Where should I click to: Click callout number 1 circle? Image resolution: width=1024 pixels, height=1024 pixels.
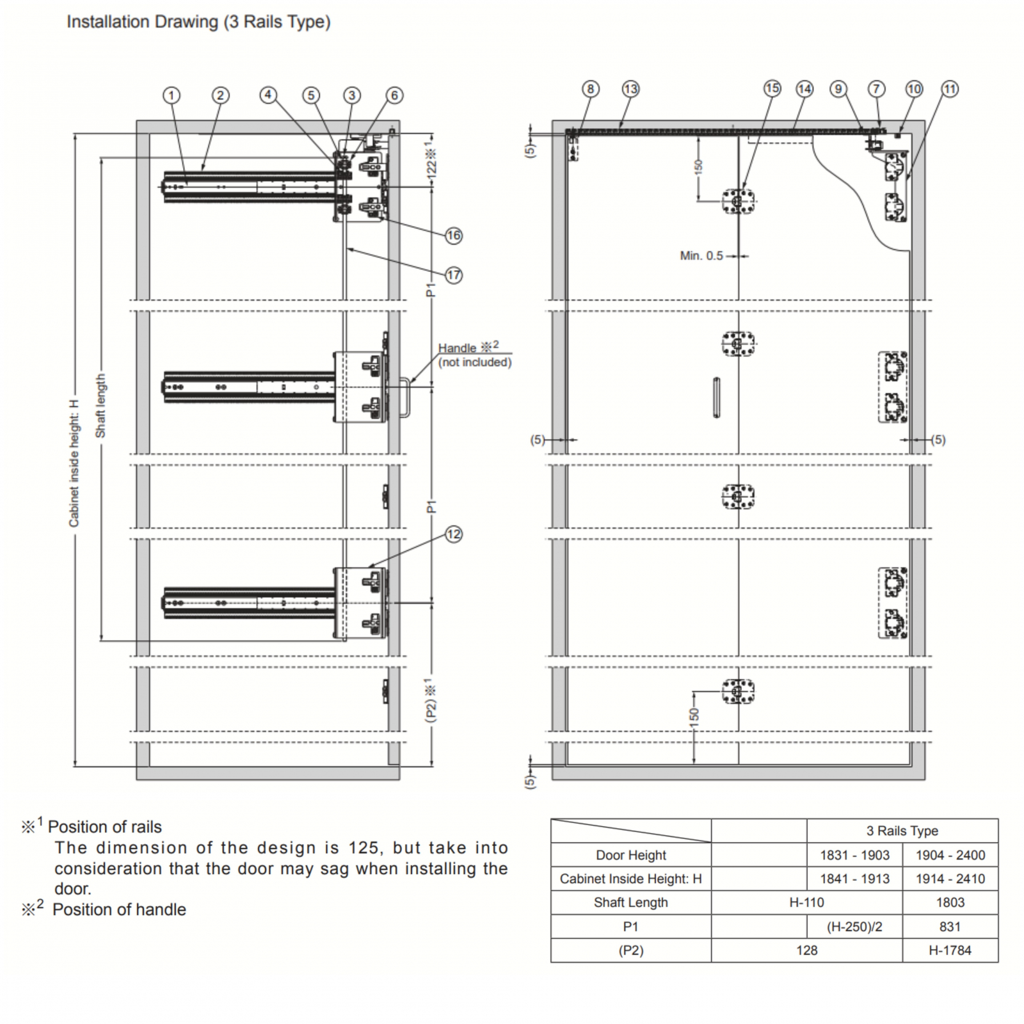coord(171,95)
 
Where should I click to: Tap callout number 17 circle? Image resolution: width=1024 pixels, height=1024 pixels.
coord(454,275)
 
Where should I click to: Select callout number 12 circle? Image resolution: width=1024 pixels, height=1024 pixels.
coord(454,534)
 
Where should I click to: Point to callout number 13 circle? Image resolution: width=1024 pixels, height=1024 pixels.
coord(630,89)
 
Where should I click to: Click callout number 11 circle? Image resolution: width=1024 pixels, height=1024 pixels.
coord(950,89)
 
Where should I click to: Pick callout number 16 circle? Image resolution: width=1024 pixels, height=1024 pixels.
coord(454,236)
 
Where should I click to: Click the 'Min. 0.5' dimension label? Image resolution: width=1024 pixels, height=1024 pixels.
coord(701,256)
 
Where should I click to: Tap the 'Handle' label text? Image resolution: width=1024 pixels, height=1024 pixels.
coord(457,348)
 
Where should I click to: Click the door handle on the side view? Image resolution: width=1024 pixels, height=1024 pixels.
coord(405,397)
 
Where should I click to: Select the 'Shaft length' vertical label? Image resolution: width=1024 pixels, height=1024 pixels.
coord(100,406)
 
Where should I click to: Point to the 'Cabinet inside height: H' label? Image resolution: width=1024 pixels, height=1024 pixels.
coord(74,463)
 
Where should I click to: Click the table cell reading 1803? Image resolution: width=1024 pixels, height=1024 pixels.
coord(950,902)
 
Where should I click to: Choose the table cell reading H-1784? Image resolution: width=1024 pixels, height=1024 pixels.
coord(950,950)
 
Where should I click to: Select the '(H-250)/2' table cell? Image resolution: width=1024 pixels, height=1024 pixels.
coord(854,927)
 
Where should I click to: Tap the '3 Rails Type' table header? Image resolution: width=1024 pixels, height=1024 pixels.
coord(902,831)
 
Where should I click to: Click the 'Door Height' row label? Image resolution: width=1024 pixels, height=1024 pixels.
coord(631,855)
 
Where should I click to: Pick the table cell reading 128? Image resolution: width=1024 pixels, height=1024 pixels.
coord(806,950)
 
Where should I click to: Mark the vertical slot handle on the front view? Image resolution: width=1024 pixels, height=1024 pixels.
coord(717,397)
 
